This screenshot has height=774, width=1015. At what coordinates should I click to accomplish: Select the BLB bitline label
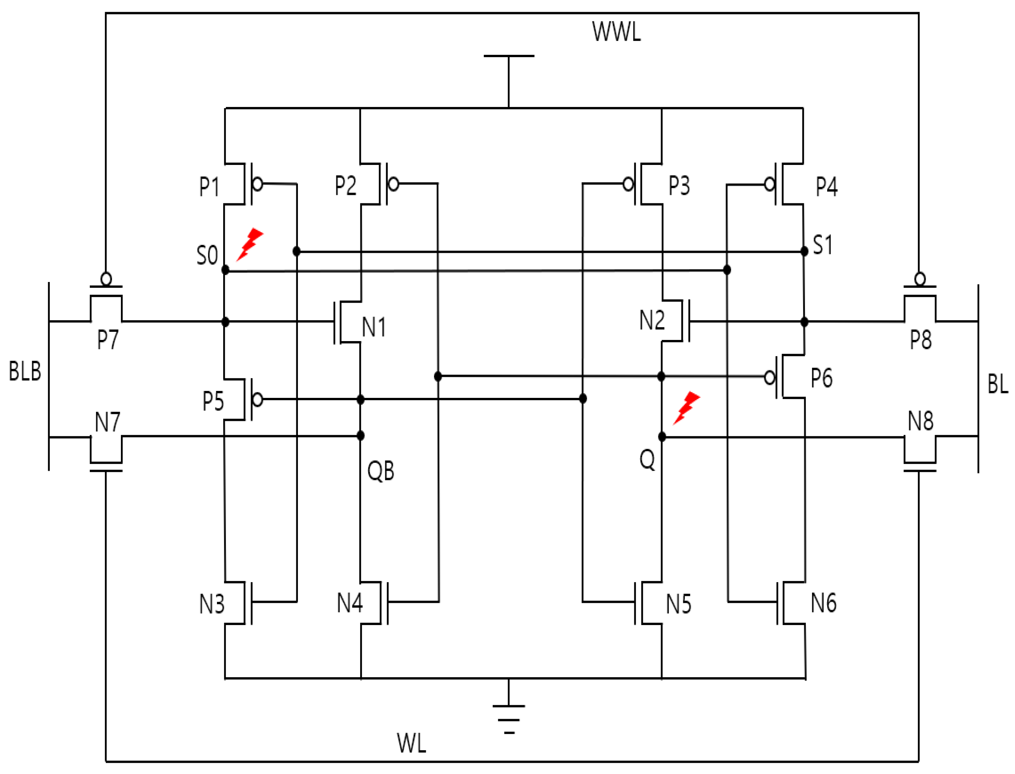pyautogui.click(x=25, y=371)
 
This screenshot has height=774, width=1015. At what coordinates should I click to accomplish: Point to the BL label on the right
pyautogui.click(x=997, y=384)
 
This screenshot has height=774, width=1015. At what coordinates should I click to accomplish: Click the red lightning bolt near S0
pyautogui.click(x=250, y=244)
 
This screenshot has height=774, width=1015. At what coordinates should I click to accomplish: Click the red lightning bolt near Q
pyautogui.click(x=686, y=408)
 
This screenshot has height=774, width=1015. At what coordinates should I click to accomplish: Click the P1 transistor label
pyautogui.click(x=209, y=187)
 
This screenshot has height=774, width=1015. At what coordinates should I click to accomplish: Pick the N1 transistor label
pyautogui.click(x=373, y=327)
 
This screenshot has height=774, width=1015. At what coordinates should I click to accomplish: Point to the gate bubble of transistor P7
pyautogui.click(x=106, y=279)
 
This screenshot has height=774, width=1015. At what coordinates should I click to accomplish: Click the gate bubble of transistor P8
pyautogui.click(x=920, y=279)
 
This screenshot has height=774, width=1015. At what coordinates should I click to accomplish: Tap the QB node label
pyautogui.click(x=380, y=471)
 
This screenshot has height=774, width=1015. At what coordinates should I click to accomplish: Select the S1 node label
pyautogui.click(x=822, y=245)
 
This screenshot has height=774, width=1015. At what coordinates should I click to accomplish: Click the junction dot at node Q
pyautogui.click(x=662, y=437)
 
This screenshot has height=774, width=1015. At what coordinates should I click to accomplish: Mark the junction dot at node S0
pyautogui.click(x=225, y=270)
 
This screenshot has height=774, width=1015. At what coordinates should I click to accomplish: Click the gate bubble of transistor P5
pyautogui.click(x=258, y=399)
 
